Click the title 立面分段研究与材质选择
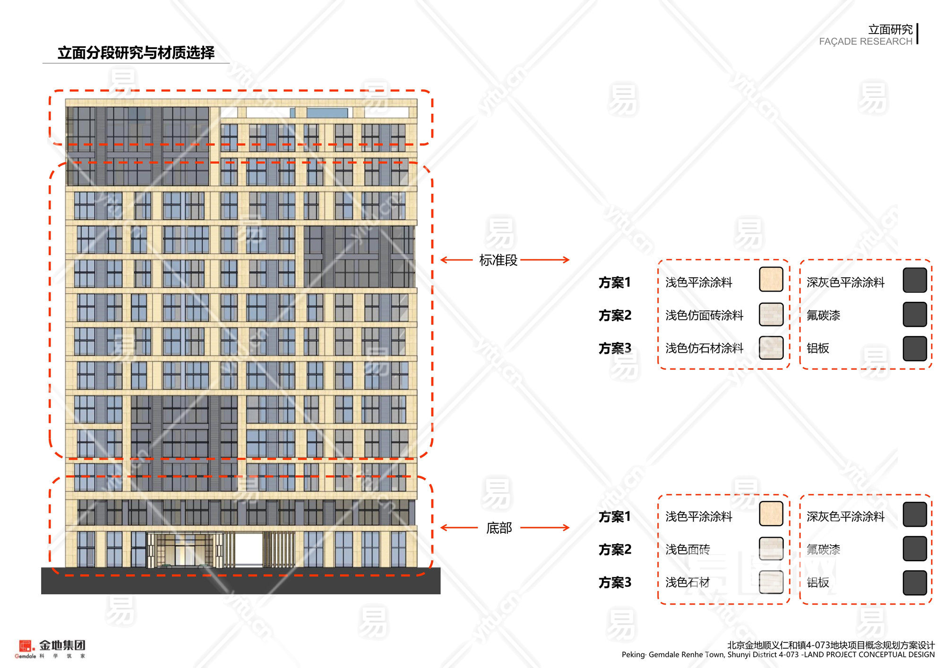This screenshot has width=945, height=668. pyautogui.click(x=136, y=52)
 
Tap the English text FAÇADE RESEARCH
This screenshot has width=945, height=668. pyautogui.click(x=865, y=42)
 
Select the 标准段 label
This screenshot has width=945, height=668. pyautogui.click(x=498, y=260)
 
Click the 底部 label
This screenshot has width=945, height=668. pyautogui.click(x=499, y=528)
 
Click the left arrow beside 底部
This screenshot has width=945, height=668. pyautogui.click(x=459, y=528)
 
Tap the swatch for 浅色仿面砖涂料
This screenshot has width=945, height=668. pyautogui.click(x=771, y=315)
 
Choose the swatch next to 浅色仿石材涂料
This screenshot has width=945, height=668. pyautogui.click(x=771, y=348)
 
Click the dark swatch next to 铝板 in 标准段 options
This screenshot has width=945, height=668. pyautogui.click(x=914, y=348)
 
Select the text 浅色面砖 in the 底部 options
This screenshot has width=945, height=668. pyautogui.click(x=687, y=549)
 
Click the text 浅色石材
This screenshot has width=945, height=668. pyautogui.click(x=687, y=582)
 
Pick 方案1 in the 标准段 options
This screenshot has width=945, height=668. pyautogui.click(x=614, y=283)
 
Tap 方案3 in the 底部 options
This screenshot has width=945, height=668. pyautogui.click(x=614, y=582)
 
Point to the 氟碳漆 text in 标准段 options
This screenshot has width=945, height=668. pyautogui.click(x=823, y=315)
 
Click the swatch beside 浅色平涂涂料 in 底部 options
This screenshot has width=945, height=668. pyautogui.click(x=771, y=514)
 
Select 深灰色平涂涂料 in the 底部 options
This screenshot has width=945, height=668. pyautogui.click(x=845, y=516)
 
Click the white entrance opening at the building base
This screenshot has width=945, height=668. pyautogui.click(x=249, y=548)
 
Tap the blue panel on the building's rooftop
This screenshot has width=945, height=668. pyautogui.click(x=327, y=112)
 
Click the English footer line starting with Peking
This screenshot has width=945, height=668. pyautogui.click(x=778, y=655)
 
